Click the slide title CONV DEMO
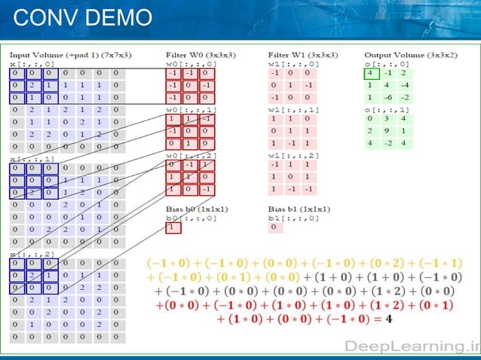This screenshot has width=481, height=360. (83, 17)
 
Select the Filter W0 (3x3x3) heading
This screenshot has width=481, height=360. (198, 55)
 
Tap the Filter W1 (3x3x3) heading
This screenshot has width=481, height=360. (302, 55)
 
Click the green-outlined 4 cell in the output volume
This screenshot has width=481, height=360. (371, 73)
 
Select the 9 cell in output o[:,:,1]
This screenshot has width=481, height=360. (388, 130)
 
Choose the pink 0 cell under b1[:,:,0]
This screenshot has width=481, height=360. (274, 227)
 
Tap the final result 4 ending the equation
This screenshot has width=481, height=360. (388, 319)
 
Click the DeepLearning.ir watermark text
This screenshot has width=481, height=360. (410, 346)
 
